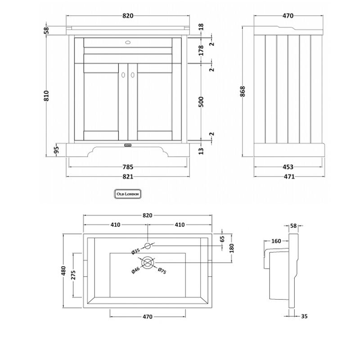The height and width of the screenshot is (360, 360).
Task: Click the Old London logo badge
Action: click(x=128, y=193)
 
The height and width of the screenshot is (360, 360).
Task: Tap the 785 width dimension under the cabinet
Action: click(x=128, y=167)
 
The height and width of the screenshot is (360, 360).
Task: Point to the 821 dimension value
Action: click(x=128, y=177)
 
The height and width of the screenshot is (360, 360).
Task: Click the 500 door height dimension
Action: click(x=201, y=102)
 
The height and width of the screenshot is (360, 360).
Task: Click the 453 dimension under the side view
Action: click(x=288, y=167)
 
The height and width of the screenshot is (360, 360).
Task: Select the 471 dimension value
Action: click(x=288, y=177)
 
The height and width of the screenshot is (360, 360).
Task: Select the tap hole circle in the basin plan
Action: click(x=148, y=245)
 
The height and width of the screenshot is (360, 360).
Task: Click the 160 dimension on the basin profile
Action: click(x=276, y=241)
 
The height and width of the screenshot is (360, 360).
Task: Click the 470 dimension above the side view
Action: click(x=288, y=16)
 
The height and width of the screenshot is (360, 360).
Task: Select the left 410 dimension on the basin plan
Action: click(x=115, y=225)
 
